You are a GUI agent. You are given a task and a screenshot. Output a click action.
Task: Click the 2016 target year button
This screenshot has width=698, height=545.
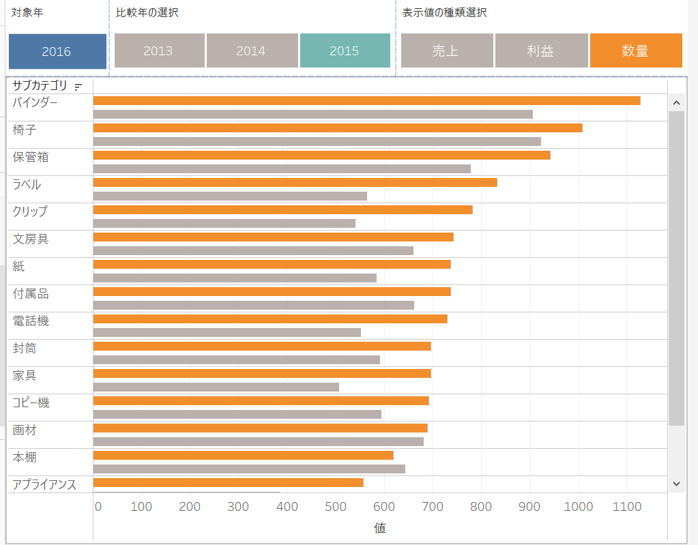tap(57, 51)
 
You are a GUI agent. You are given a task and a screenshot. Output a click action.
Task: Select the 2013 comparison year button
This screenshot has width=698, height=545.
tap(158, 51)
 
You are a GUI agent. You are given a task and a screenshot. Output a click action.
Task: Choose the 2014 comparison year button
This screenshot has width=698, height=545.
tap(250, 51)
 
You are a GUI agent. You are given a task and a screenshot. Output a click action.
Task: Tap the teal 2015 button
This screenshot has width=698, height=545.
tap(344, 51)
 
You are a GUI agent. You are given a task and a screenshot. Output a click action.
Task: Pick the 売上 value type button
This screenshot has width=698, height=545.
tap(446, 51)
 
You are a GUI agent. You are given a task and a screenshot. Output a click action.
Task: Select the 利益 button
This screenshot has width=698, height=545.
tap(540, 51)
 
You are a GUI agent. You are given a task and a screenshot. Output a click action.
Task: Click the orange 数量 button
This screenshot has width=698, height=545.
tap(635, 51)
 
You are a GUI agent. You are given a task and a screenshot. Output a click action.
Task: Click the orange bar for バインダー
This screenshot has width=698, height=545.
tap(366, 101)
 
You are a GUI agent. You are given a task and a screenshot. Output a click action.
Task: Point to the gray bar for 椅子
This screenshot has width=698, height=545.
tap(317, 141)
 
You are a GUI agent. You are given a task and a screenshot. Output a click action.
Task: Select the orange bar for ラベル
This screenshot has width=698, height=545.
tap(295, 183)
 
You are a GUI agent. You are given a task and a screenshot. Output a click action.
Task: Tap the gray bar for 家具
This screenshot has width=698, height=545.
tap(216, 387)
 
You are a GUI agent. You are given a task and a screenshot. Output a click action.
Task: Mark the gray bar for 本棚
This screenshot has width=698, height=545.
tap(249, 469)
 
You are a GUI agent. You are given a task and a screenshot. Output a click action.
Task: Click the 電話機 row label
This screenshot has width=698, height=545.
tap(31, 321)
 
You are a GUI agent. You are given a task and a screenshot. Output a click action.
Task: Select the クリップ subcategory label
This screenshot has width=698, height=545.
tap(30, 211)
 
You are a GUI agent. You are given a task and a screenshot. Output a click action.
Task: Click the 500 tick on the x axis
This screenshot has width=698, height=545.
tap(336, 507)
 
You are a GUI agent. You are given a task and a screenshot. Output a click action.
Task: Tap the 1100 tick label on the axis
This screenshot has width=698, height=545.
tap(627, 507)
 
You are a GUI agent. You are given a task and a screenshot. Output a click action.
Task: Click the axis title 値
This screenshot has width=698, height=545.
tap(379, 528)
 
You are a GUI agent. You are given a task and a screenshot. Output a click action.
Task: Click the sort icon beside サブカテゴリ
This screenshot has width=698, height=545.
tap(78, 87)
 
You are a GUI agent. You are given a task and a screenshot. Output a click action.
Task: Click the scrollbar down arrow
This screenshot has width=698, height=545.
tap(676, 483)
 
